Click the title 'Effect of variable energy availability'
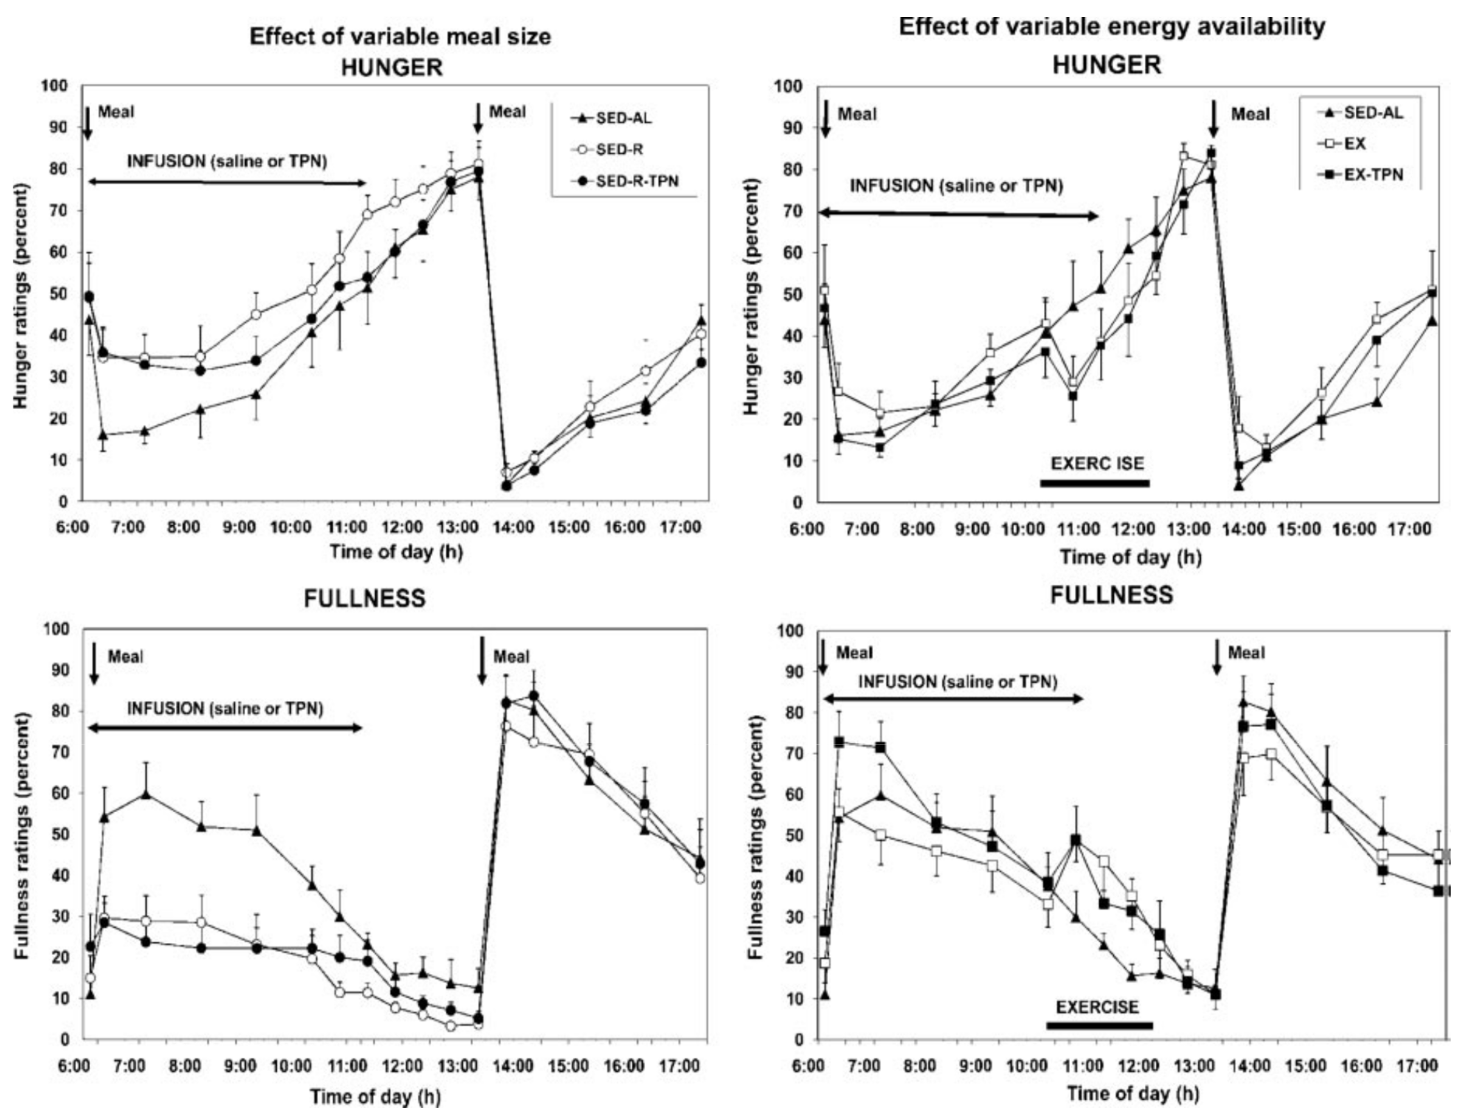1111,27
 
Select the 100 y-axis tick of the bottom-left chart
57,629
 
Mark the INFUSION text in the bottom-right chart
958,682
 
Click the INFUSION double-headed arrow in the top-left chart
227,182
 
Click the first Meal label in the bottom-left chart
125,657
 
